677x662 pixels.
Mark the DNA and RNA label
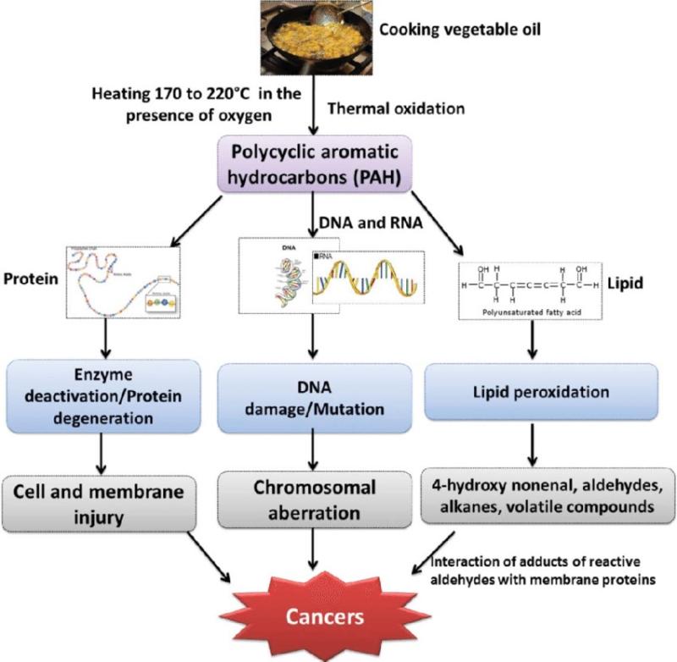pyautogui.click(x=370, y=222)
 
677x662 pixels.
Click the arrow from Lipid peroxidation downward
pyautogui.click(x=532, y=441)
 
